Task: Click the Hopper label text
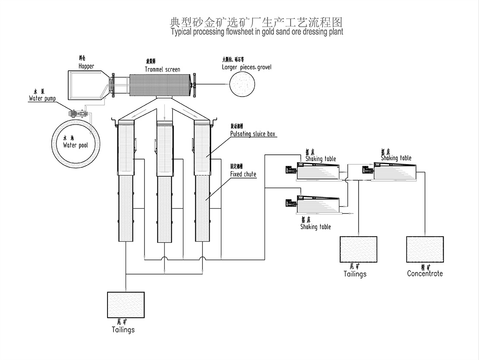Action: click(86, 66)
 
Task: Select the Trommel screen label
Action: click(163, 69)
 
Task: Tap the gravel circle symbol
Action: click(242, 83)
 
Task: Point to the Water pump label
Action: click(42, 99)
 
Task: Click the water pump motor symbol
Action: click(78, 114)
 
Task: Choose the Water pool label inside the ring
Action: click(76, 145)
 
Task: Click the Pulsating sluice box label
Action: click(253, 134)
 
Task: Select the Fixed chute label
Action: click(243, 174)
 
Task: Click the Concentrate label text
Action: click(425, 273)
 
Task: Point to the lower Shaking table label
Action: click(315, 227)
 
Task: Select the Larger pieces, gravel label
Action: click(247, 67)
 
